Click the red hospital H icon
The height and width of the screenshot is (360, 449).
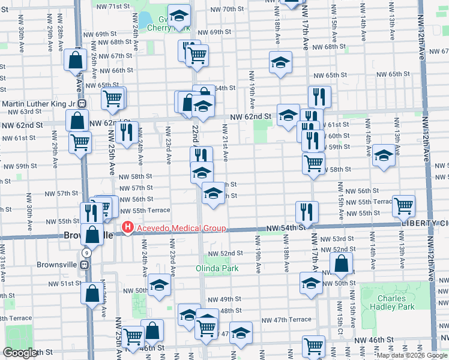127,228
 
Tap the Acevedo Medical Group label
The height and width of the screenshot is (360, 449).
180,228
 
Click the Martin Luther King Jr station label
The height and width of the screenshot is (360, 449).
37,104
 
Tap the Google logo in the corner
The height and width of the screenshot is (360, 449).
20,353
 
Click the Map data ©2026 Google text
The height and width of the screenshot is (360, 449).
412,355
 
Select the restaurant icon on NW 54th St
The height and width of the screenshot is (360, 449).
306,211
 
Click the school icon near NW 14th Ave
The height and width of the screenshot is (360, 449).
384,154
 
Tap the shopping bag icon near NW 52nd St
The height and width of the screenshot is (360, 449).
341,262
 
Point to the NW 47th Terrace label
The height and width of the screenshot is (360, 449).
291,320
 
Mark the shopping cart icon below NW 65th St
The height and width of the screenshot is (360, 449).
113,97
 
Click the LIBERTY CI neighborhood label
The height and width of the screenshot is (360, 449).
425,224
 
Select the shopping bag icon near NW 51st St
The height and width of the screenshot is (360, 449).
92,293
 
